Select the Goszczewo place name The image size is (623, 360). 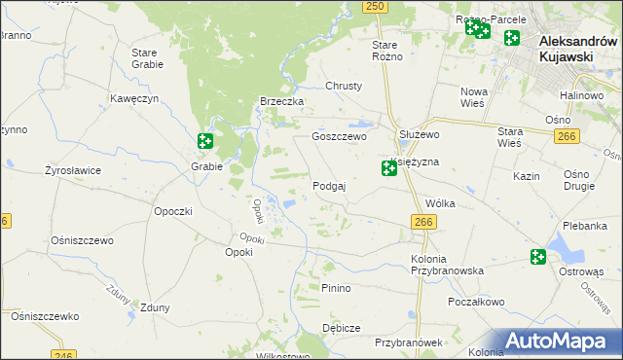tap(338, 137)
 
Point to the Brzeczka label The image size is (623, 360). tap(282, 102)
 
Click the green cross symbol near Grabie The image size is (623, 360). tap(204, 142)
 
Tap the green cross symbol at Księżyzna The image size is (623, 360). tap(388, 169)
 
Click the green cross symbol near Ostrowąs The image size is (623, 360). tap(538, 257)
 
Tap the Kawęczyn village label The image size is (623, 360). tap(134, 99)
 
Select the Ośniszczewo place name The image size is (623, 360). tap(83, 240)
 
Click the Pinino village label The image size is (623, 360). tap(336, 289)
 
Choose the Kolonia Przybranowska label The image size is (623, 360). tap(447, 264)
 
